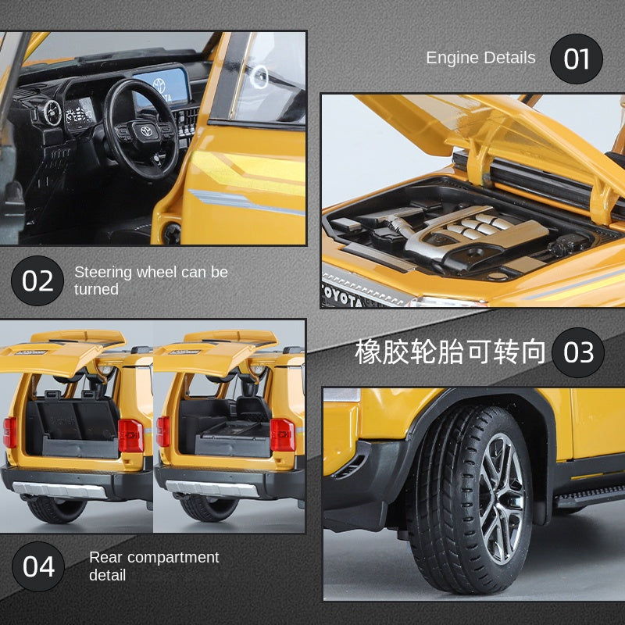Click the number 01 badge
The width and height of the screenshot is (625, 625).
[577, 59]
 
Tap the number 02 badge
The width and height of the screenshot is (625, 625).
[37, 280]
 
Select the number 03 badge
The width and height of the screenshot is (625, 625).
[578, 352]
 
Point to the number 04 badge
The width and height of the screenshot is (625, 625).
[38, 566]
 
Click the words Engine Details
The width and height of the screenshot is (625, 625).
[480, 58]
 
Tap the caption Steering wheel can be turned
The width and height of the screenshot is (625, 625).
[151, 280]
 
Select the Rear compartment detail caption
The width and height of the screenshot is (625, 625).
[154, 566]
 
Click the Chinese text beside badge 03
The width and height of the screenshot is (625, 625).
[450, 352]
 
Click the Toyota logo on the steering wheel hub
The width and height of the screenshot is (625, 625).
[145, 132]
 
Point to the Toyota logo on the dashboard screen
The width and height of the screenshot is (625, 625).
[159, 85]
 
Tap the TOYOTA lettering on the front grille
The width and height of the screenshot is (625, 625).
[341, 298]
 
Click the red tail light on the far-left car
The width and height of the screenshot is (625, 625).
[9, 432]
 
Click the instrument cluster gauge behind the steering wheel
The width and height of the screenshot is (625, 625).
[79, 115]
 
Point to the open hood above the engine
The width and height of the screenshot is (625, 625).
[484, 133]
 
